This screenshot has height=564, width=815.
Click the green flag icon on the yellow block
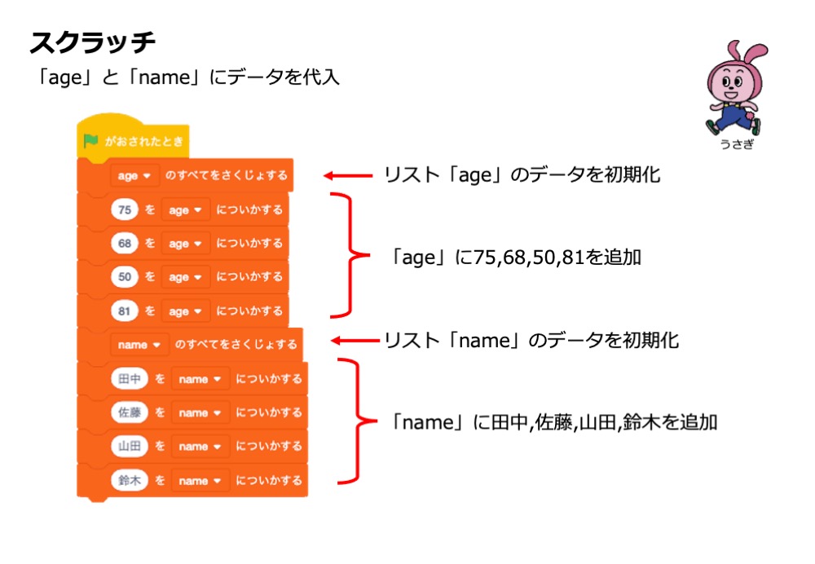pyautogui.click(x=91, y=141)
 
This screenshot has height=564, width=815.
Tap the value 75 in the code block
pyautogui.click(x=125, y=209)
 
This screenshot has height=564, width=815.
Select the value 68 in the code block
pyautogui.click(x=125, y=244)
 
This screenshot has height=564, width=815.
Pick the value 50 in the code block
pyautogui.click(x=125, y=277)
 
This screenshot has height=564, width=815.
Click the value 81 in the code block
pyautogui.click(x=125, y=311)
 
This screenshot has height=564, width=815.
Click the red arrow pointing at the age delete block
pyautogui.click(x=346, y=174)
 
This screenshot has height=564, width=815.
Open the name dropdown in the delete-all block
pyautogui.click(x=139, y=344)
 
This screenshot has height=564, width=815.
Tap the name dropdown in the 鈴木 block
pyautogui.click(x=200, y=480)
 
